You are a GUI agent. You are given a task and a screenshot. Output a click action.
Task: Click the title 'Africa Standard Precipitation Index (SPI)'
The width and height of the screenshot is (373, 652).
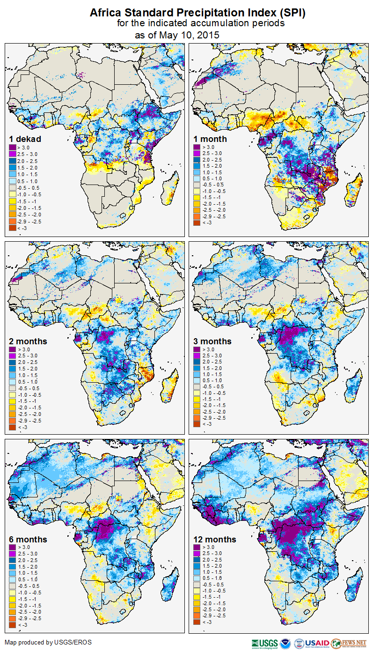click(197, 13)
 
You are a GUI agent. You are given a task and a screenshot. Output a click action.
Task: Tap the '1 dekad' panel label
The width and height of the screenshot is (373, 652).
click(25, 139)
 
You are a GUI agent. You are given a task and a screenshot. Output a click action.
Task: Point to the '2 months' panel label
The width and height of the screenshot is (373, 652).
click(28, 341)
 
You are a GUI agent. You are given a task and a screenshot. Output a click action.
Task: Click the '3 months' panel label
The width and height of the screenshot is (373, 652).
click(212, 341)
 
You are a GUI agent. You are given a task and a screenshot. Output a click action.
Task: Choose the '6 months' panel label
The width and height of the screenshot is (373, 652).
click(28, 539)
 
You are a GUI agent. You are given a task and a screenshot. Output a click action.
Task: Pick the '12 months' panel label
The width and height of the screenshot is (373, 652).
click(215, 539)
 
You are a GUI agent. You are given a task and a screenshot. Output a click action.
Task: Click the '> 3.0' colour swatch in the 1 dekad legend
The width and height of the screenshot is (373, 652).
click(13, 147)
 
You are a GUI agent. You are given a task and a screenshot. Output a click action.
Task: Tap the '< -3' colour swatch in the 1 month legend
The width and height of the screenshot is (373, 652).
click(197, 223)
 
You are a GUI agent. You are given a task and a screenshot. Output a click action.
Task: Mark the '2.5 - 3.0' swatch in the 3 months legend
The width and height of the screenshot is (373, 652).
click(197, 356)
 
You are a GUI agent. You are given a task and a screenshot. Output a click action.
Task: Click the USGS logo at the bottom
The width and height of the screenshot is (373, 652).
click(264, 643)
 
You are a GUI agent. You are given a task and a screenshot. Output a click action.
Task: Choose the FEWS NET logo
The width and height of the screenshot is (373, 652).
click(350, 643)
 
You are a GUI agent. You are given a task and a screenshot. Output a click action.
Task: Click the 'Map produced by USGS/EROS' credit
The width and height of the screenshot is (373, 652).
click(48, 642)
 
